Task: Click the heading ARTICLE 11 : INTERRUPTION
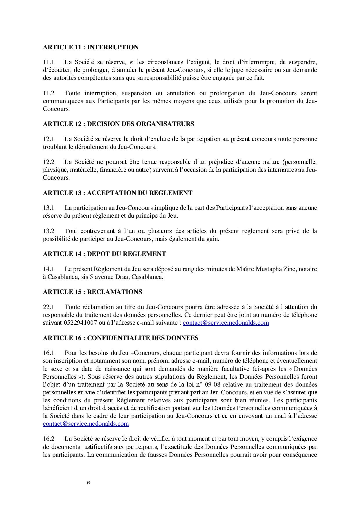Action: pos(91,47)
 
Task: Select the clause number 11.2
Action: pos(48,93)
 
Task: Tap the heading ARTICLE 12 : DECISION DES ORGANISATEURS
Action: pos(118,124)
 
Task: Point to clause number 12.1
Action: pos(48,139)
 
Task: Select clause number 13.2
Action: pos(48,231)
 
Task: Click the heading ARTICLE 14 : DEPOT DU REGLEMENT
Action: pos(105,254)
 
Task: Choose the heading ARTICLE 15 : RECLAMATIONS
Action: pos(92,292)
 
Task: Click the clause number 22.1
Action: pos(48,307)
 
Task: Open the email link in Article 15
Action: pos(226,323)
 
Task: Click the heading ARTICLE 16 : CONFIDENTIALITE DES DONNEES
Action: pos(120,338)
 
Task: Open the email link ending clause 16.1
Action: pos(86,424)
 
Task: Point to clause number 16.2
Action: pos(48,439)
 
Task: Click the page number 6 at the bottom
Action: pos(88,483)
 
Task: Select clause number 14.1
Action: pos(48,269)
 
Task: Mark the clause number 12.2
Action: pos(48,162)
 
